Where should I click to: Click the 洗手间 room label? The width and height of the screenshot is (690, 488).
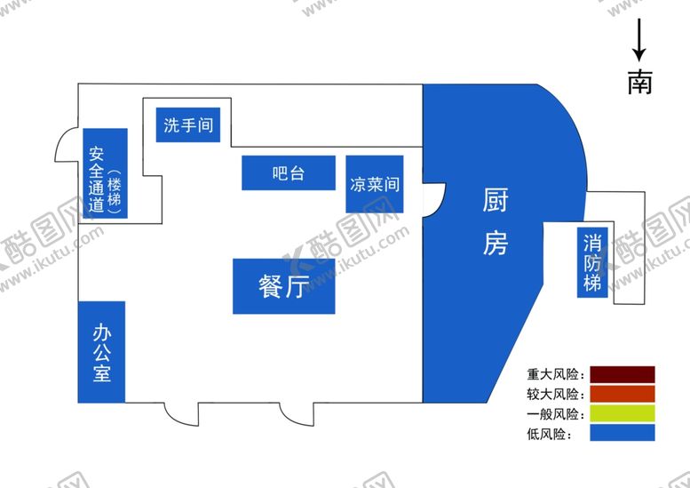[x=188, y=125]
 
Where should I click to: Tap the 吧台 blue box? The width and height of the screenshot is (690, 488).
[x=288, y=172]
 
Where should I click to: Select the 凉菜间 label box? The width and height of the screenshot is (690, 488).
[x=374, y=185]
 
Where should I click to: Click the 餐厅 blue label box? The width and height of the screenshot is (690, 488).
[x=283, y=286]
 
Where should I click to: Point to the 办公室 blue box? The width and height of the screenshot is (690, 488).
[x=101, y=352]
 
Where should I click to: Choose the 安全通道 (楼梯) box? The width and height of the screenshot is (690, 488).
[x=105, y=173]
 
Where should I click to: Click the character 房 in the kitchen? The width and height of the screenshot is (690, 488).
[x=495, y=242]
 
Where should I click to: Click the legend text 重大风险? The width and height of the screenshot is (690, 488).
[x=553, y=374]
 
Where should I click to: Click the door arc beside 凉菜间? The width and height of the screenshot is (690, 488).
[x=432, y=198]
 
